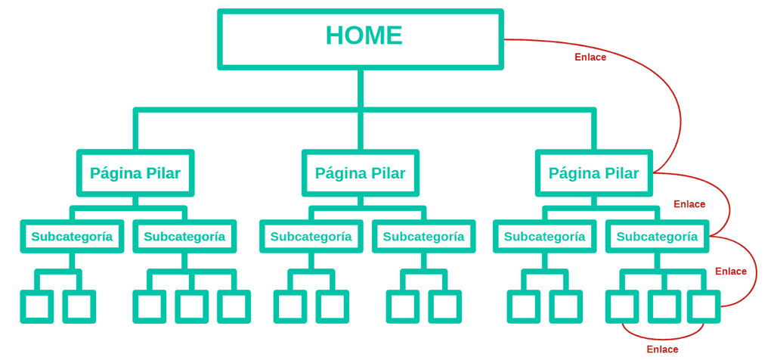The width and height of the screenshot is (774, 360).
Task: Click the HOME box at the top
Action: click(x=361, y=39)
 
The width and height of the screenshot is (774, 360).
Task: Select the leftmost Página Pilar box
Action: click(x=135, y=173)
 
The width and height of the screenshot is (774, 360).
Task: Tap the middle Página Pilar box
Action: click(x=361, y=173)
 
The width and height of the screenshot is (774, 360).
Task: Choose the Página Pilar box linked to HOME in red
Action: click(x=593, y=173)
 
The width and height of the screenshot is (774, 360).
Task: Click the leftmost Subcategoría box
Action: click(x=72, y=237)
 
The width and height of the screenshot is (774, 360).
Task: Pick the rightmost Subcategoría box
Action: click(x=657, y=237)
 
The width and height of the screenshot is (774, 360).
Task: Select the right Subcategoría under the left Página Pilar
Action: click(x=184, y=237)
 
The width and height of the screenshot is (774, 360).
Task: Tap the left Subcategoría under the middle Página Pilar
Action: click(x=311, y=237)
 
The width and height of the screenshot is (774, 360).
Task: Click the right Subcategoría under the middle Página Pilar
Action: click(x=423, y=237)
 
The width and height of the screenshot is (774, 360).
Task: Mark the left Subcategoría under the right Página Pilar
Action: click(x=544, y=237)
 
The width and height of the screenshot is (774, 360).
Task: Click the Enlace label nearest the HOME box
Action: click(x=590, y=57)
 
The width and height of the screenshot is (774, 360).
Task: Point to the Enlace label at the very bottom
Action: click(x=662, y=349)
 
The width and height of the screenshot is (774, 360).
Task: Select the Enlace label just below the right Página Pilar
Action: click(x=689, y=204)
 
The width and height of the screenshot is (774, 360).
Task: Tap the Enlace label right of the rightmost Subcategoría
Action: click(x=731, y=272)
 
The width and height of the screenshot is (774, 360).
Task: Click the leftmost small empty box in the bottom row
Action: click(x=36, y=307)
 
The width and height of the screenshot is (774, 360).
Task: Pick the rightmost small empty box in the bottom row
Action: click(x=704, y=307)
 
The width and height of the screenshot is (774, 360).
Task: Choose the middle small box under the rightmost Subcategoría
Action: click(x=664, y=307)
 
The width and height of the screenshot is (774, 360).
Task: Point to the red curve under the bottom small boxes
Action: click(x=663, y=338)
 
